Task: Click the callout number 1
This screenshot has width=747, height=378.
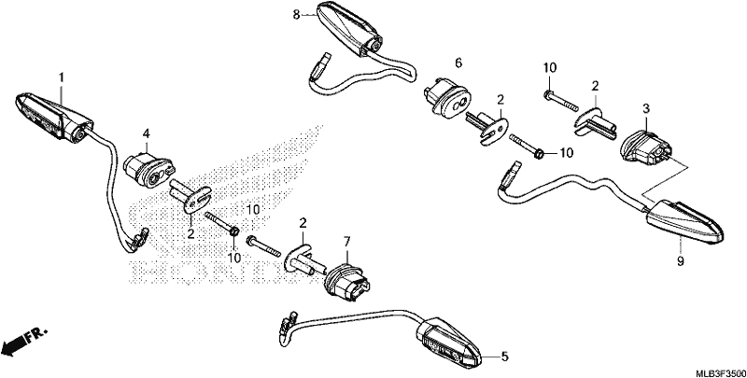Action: pos(62,77)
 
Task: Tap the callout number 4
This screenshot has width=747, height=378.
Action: pos(147,133)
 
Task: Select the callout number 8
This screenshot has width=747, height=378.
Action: pos(296,15)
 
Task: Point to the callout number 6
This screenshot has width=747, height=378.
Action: pos(458,63)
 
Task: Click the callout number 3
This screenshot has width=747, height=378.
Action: pos(646,108)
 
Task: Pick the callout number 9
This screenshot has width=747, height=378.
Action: pos(681,261)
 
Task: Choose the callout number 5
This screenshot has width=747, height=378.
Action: pos(504,357)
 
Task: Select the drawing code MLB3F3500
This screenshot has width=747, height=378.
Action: pos(721,371)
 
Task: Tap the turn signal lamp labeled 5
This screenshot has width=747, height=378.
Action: pos(449,343)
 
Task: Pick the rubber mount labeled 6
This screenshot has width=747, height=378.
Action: pos(447,99)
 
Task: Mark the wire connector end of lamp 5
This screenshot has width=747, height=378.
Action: pos(288,325)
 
